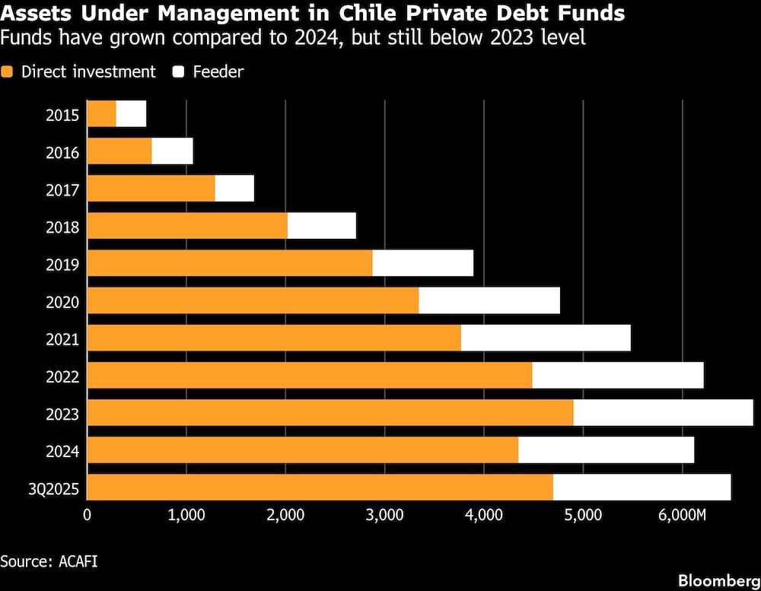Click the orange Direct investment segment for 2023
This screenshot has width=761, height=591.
click(330, 412)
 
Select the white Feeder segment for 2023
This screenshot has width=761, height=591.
click(663, 412)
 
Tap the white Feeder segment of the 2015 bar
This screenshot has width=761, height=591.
click(131, 114)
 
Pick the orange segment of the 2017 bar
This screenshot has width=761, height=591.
click(151, 189)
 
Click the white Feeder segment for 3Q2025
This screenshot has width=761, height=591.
click(642, 487)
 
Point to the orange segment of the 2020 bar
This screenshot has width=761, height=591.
click(253, 300)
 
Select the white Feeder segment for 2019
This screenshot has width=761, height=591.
click(422, 263)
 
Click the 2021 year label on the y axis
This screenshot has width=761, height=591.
click(62, 338)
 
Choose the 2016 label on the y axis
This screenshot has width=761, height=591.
click(62, 152)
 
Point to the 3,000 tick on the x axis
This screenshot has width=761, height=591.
click(384, 515)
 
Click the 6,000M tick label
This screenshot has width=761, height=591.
click(683, 515)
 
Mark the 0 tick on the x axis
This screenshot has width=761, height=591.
click(88, 515)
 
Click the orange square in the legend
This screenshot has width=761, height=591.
click(8, 72)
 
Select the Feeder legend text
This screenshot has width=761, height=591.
click(218, 72)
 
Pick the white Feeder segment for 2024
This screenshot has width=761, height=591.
click(606, 450)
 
